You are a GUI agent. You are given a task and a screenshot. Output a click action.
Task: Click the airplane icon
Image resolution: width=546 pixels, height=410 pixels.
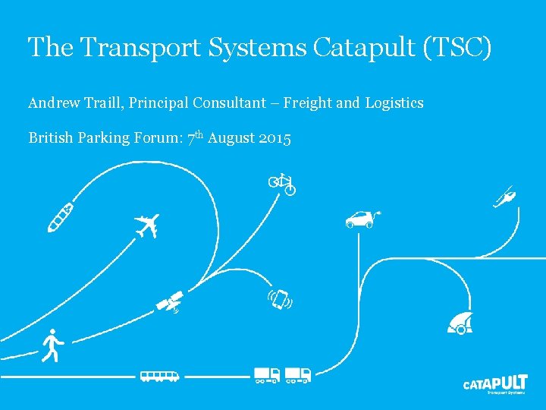point(147,225)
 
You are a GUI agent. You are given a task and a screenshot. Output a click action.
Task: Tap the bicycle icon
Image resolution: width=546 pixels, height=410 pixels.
point(282,182)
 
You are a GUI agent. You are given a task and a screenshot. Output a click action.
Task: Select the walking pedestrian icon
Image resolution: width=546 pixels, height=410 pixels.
point(52,345)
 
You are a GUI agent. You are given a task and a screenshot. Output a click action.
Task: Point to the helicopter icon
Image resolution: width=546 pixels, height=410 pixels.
point(504,197)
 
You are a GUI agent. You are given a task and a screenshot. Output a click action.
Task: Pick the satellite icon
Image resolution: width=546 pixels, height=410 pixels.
point(170,301)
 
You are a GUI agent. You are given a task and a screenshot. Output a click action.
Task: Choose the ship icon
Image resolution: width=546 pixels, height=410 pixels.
point(60,216)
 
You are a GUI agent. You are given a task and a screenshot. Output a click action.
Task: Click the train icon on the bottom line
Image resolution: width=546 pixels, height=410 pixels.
point(159,375)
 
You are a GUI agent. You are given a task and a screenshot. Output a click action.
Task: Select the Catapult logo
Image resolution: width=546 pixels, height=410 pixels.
point(495,383)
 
